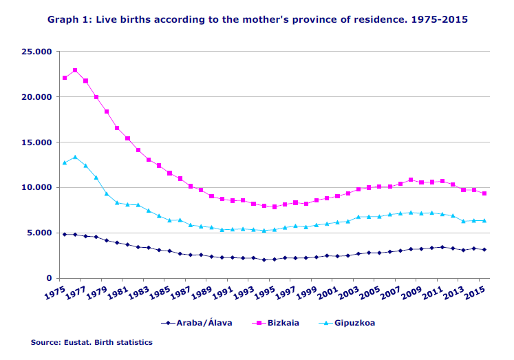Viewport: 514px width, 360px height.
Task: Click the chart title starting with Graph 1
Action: (257, 20)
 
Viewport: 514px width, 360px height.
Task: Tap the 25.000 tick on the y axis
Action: (36, 52)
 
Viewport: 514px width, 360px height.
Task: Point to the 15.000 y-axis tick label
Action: (36, 142)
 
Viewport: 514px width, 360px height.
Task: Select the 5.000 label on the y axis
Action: (39, 233)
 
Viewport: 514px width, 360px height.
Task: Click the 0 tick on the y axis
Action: (49, 278)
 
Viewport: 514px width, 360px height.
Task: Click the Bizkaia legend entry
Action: (277, 322)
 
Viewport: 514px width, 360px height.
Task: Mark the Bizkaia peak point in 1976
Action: (75, 70)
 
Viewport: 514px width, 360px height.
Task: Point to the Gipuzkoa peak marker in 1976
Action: (75, 157)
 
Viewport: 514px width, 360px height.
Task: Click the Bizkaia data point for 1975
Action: (65, 78)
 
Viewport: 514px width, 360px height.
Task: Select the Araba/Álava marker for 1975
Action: (65, 234)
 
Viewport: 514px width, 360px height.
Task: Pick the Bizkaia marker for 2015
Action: (486, 193)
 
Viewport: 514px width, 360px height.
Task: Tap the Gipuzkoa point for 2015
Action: (486, 220)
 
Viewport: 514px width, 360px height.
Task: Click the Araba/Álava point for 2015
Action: (486, 249)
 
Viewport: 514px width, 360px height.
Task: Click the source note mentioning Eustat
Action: (91, 342)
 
